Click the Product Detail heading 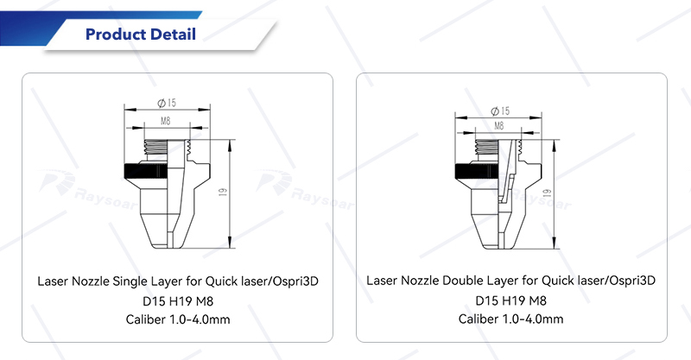coord(141,35)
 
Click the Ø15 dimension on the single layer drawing coord(167,103)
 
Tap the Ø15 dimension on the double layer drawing coord(500,111)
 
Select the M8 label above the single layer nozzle coord(165,121)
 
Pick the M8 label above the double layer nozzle coord(499,126)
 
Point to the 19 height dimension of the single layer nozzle coord(223,193)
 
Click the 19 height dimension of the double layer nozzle coord(548,193)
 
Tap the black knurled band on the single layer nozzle coord(145,172)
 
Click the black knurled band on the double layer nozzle coord(477,172)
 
